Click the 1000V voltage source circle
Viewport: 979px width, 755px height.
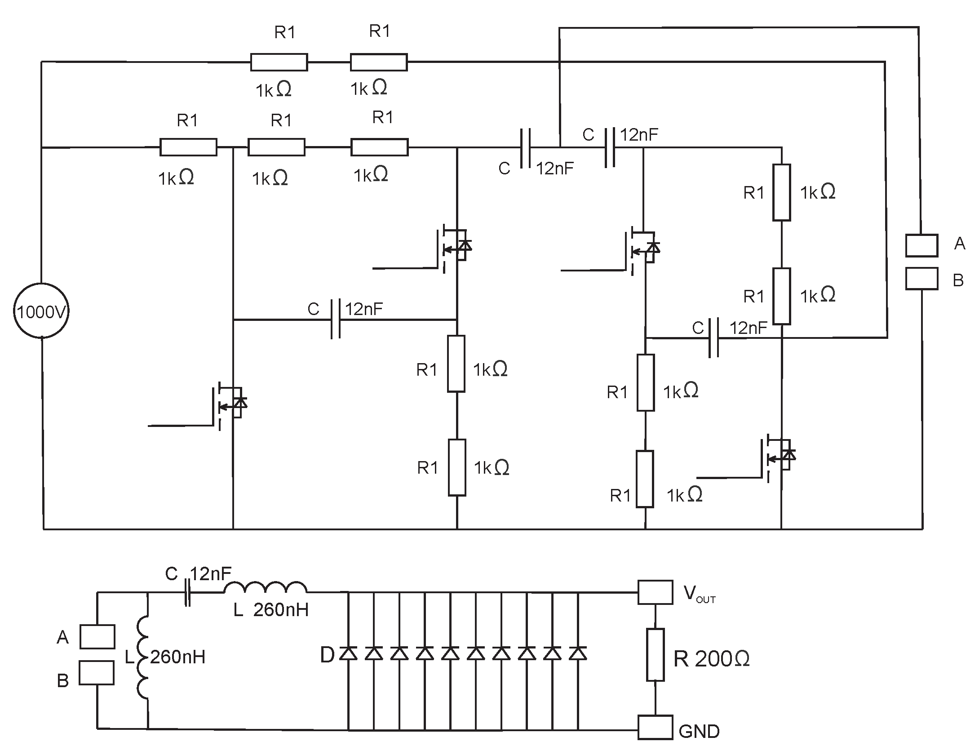point(41,311)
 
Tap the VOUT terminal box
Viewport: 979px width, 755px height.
point(655,593)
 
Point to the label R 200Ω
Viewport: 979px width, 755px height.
point(712,659)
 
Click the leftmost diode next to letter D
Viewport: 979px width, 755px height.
point(348,653)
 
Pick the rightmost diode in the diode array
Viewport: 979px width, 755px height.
point(578,653)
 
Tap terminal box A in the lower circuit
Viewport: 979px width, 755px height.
point(97,637)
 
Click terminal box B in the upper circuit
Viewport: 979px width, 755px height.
point(921,279)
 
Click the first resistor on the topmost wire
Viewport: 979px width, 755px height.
point(279,62)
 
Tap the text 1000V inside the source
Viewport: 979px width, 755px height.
point(41,312)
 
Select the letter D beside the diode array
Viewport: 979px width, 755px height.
point(328,655)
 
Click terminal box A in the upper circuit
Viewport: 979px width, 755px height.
point(921,245)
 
